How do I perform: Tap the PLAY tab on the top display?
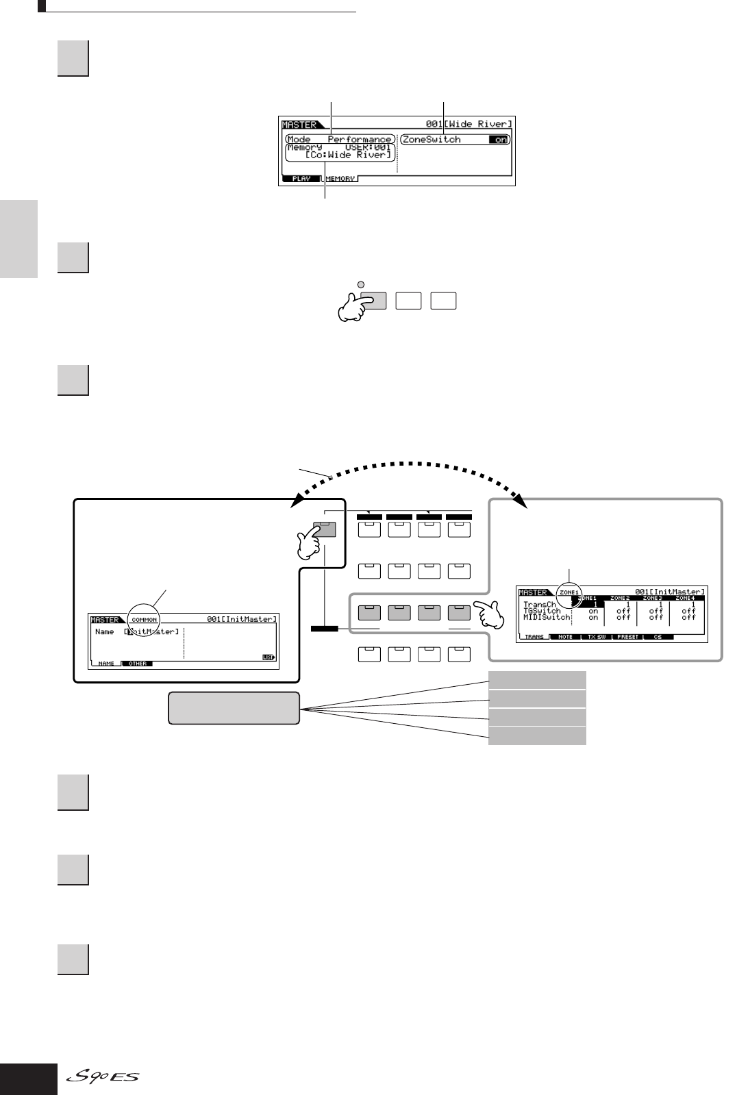tap(301, 179)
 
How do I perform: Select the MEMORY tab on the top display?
tap(340, 179)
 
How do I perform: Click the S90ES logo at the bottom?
tap(103, 1078)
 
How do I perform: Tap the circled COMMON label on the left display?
tap(144, 619)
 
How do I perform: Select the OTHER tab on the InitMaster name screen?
tap(137, 664)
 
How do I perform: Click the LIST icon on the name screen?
tap(268, 657)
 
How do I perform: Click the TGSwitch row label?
tap(542, 611)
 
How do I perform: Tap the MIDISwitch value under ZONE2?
tap(623, 617)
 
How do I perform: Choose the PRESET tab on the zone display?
tap(627, 637)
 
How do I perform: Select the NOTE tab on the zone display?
tap(566, 637)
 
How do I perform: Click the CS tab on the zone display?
tap(658, 637)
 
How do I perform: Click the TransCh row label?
tap(540, 605)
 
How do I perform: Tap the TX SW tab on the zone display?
tap(597, 637)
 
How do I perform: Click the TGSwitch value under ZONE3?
tap(656, 611)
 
